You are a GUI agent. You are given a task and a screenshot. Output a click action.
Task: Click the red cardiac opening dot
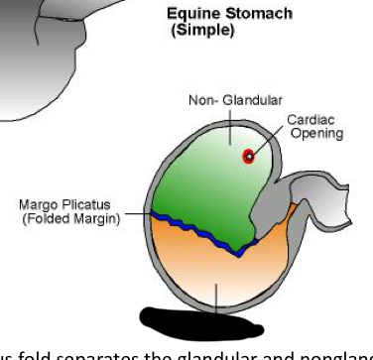[x=248, y=156]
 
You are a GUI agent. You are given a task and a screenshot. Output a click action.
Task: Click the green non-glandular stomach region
[x=203, y=183]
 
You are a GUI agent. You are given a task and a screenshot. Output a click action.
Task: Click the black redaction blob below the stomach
[x=198, y=320]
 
